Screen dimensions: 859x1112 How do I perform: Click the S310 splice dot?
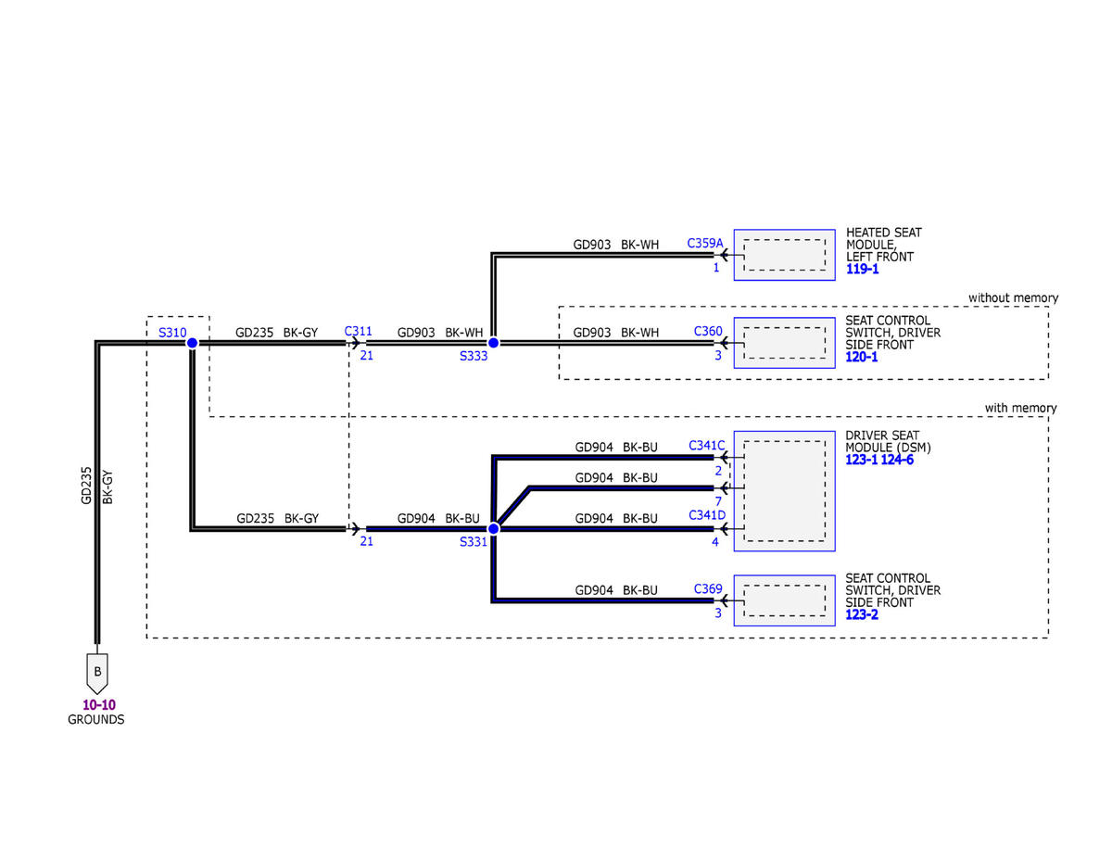coord(192,343)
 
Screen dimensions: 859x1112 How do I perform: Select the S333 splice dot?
coord(493,343)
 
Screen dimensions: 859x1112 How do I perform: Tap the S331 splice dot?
coord(493,528)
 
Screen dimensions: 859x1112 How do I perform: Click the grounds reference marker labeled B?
coord(96,670)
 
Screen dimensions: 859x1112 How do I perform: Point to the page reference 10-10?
coord(98,704)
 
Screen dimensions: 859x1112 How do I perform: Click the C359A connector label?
coord(704,244)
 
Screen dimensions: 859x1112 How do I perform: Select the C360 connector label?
coord(708,331)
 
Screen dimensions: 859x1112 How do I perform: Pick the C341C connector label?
coord(706,446)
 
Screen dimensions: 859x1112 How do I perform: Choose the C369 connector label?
coord(708,588)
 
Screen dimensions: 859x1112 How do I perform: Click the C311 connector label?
coord(358,331)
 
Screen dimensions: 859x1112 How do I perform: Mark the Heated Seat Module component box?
coord(785,255)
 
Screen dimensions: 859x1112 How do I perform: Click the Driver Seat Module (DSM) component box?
coord(785,491)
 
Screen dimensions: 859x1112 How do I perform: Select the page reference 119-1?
coord(862,270)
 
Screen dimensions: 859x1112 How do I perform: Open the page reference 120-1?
coord(862,357)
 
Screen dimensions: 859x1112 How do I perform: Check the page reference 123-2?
coord(862,614)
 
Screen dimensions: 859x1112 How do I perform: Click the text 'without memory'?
coord(1012,297)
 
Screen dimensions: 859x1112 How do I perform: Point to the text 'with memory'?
coord(1020,408)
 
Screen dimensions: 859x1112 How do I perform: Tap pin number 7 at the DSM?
coord(717,501)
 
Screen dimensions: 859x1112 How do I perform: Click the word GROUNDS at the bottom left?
coord(96,719)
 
